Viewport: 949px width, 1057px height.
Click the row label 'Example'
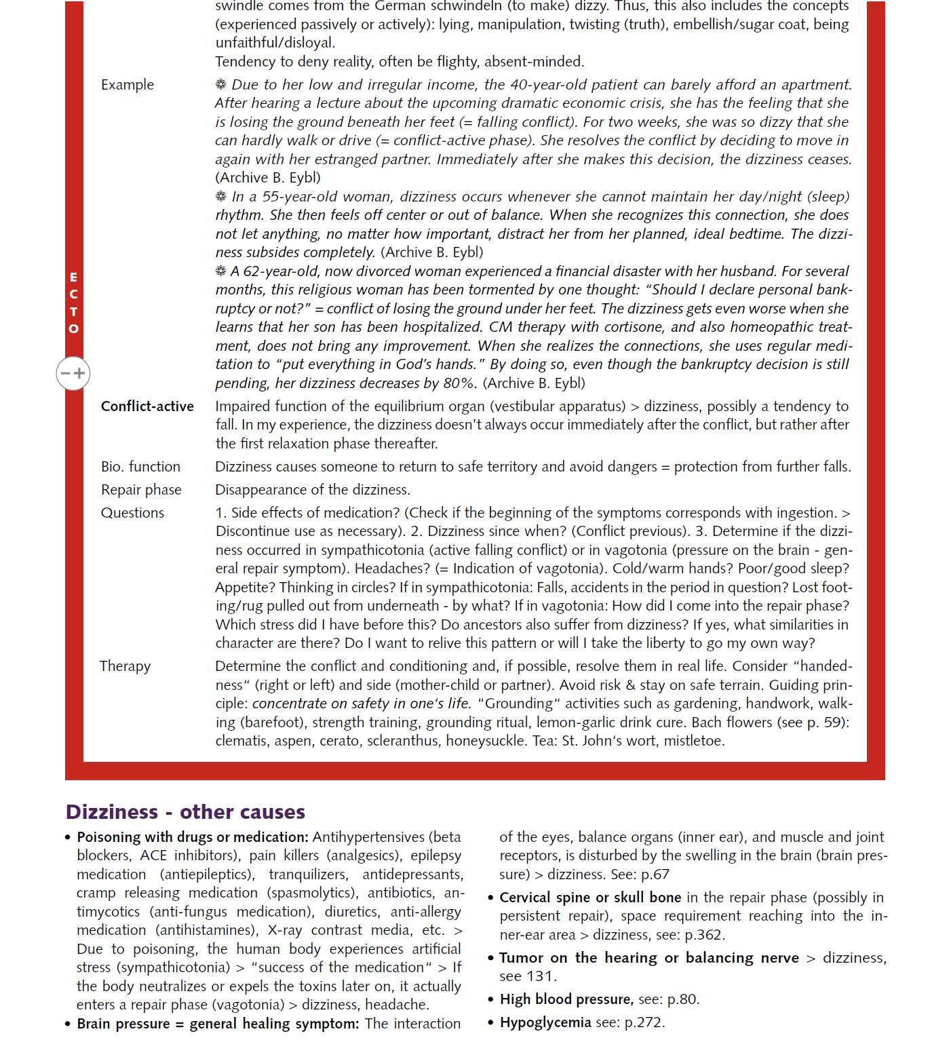pos(128,85)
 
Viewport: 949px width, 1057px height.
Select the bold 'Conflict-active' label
pos(147,406)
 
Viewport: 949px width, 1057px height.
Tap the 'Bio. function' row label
pos(140,467)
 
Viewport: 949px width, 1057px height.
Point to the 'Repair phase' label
pos(141,490)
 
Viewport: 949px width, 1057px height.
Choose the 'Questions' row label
pos(132,513)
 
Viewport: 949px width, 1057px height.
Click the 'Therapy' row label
pos(125,666)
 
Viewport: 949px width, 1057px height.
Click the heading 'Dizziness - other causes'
pos(185,812)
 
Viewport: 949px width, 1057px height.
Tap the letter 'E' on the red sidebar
pos(73,277)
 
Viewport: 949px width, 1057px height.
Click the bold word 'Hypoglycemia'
pos(545,1022)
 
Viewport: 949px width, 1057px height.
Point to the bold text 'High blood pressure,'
pos(566,999)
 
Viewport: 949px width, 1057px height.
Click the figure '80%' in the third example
pos(459,383)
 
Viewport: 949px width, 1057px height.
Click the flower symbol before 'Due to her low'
pos(220,85)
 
